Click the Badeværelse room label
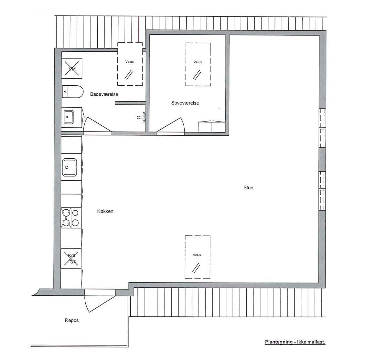tap(104, 94)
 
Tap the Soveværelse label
tap(185, 103)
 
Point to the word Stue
tap(248, 188)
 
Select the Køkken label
tap(105, 211)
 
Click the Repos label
tap(72, 320)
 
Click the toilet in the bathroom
tap(73, 91)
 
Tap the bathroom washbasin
tap(69, 117)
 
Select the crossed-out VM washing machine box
tap(72, 69)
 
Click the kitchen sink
tap(70, 167)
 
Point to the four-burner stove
tap(71, 217)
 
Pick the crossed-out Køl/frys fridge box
tap(71, 259)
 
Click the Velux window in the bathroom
tap(130, 64)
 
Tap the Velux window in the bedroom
tap(198, 64)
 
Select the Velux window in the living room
tap(198, 257)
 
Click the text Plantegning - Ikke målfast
tap(295, 342)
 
